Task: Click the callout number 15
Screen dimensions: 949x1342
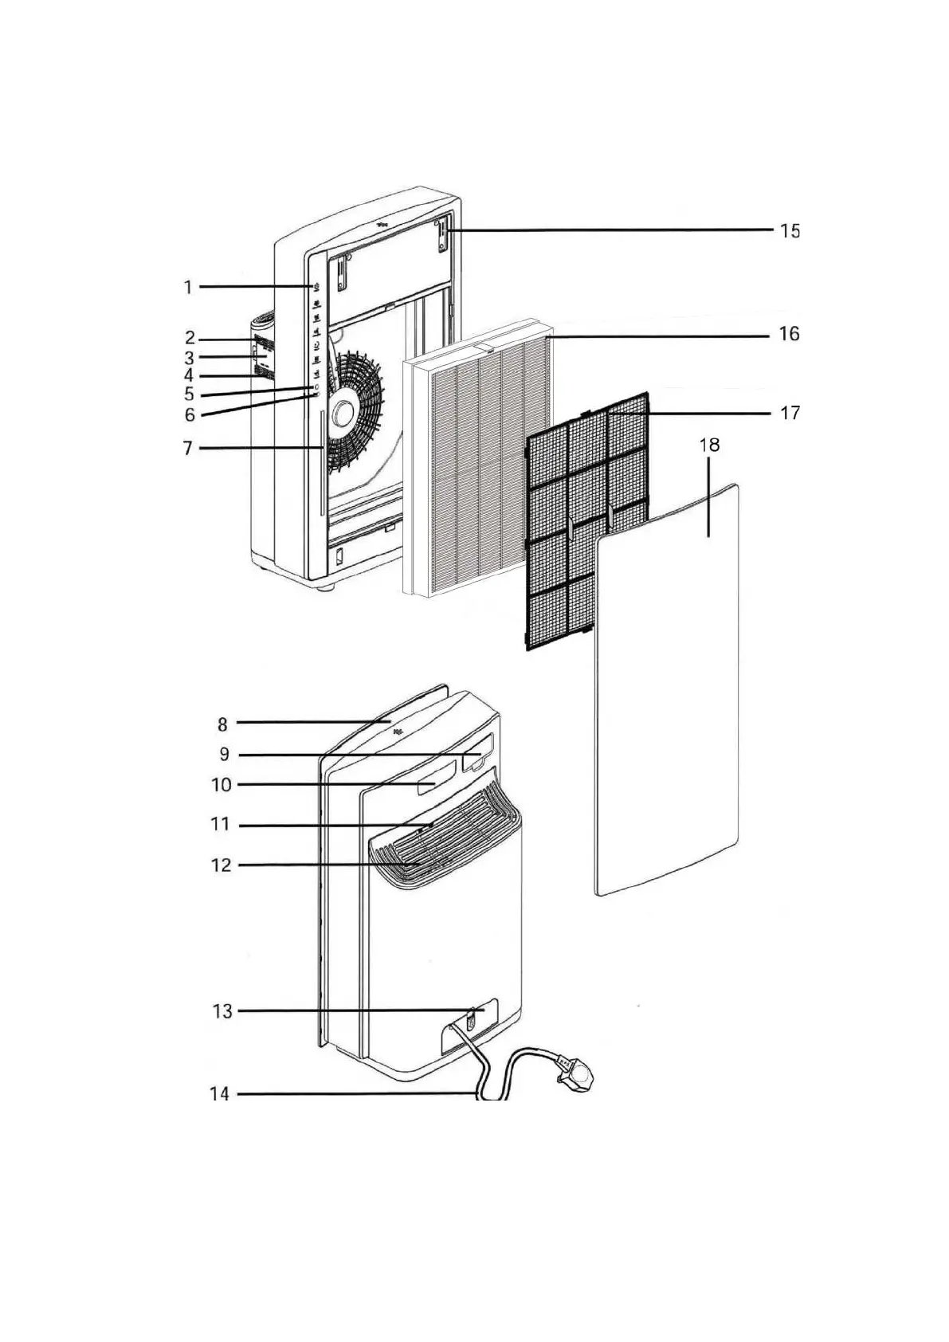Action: [x=789, y=231]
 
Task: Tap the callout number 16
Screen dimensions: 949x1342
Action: [x=789, y=334]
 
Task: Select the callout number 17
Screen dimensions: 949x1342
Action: [x=789, y=413]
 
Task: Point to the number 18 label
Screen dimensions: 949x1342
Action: [x=709, y=445]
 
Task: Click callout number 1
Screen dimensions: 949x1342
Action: [x=188, y=287]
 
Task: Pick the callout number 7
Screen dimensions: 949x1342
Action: [x=188, y=449]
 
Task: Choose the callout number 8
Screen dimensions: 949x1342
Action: [x=222, y=724]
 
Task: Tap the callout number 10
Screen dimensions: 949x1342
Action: [x=221, y=785]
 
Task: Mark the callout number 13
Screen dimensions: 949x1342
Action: [x=222, y=1011]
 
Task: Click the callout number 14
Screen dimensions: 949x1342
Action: [x=219, y=1094]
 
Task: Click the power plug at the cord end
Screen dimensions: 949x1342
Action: [x=577, y=1077]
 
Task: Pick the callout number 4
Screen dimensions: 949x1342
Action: [x=188, y=375]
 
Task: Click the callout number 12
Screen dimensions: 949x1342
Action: [x=221, y=865]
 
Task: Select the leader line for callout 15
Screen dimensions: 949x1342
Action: [x=614, y=230]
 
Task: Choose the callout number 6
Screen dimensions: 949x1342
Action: [x=189, y=414]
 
